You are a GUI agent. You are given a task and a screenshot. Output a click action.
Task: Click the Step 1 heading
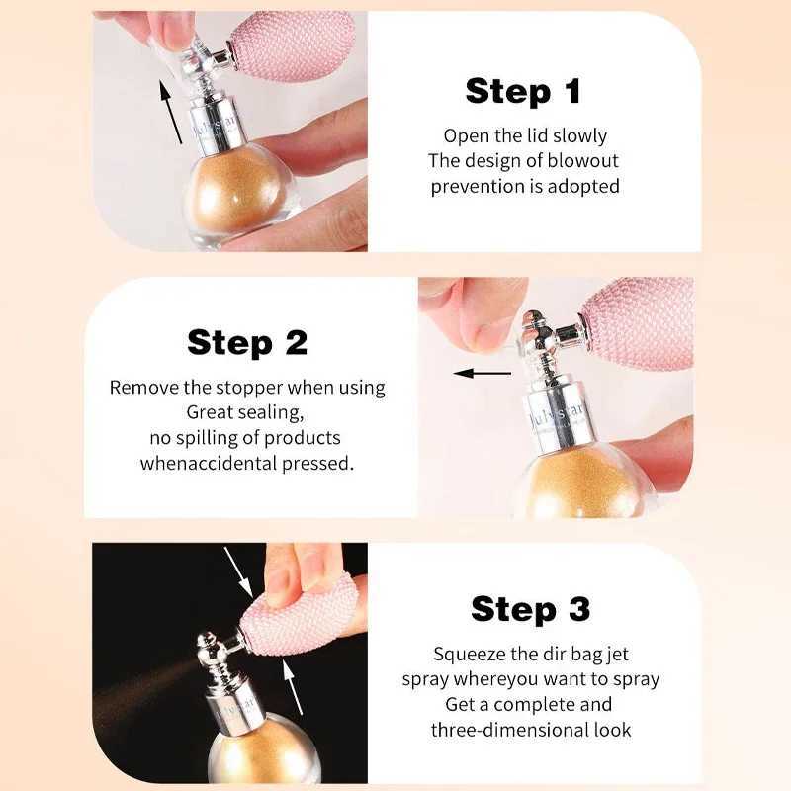[x=524, y=91]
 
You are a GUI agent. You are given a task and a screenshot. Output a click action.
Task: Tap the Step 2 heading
[x=247, y=342]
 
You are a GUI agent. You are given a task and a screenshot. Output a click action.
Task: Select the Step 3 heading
[x=530, y=609]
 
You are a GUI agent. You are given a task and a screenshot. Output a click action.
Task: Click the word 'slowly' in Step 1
[x=579, y=135]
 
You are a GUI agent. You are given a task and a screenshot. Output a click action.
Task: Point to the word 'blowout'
[x=582, y=160]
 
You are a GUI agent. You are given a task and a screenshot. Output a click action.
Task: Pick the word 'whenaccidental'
[x=208, y=463]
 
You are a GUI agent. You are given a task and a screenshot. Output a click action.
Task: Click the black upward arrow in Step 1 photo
[x=171, y=112]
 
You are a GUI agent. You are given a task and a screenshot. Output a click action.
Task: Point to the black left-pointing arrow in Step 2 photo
[x=483, y=374]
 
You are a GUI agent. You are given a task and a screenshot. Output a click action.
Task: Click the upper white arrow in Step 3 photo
[x=238, y=572]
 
